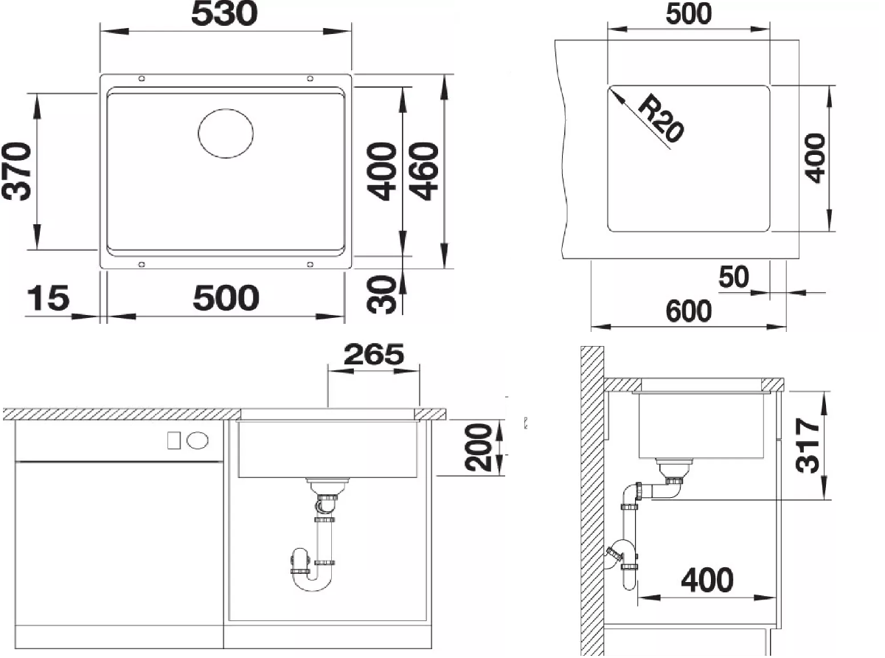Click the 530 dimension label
[224, 14]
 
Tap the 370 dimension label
[16, 171]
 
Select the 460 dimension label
[424, 171]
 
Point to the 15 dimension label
[48, 298]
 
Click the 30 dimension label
[381, 294]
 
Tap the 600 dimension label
[689, 311]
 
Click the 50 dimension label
[733, 277]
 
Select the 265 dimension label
[374, 354]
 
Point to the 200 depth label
[479, 447]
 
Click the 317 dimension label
[807, 446]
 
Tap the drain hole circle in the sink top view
[226, 134]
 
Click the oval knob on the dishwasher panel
[198, 440]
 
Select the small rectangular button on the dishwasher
[174, 440]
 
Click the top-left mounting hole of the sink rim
[142, 79]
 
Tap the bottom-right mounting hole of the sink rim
[310, 264]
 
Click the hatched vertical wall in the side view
[591, 502]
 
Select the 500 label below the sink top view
[226, 298]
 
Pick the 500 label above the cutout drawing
[689, 13]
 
